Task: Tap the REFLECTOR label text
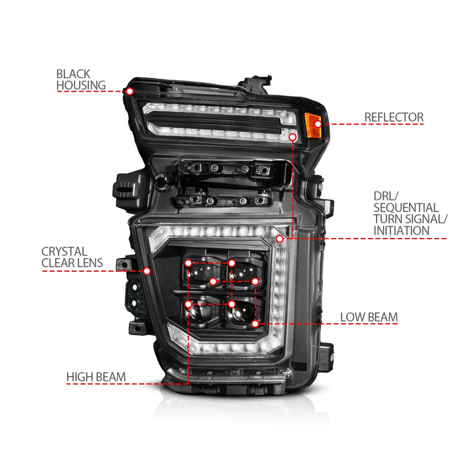tap(401, 117)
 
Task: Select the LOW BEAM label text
tap(369, 317)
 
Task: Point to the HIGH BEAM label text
tap(96, 377)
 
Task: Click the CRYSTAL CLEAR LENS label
tap(72, 257)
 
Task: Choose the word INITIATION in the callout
tap(401, 230)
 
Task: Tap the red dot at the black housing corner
tap(129, 91)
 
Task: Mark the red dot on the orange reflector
tap(317, 124)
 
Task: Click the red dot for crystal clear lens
tap(147, 271)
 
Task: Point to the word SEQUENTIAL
tap(406, 207)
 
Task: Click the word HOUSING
tap(80, 85)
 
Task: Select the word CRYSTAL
tap(64, 252)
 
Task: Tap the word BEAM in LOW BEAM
tap(381, 317)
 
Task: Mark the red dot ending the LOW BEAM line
tap(255, 324)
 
